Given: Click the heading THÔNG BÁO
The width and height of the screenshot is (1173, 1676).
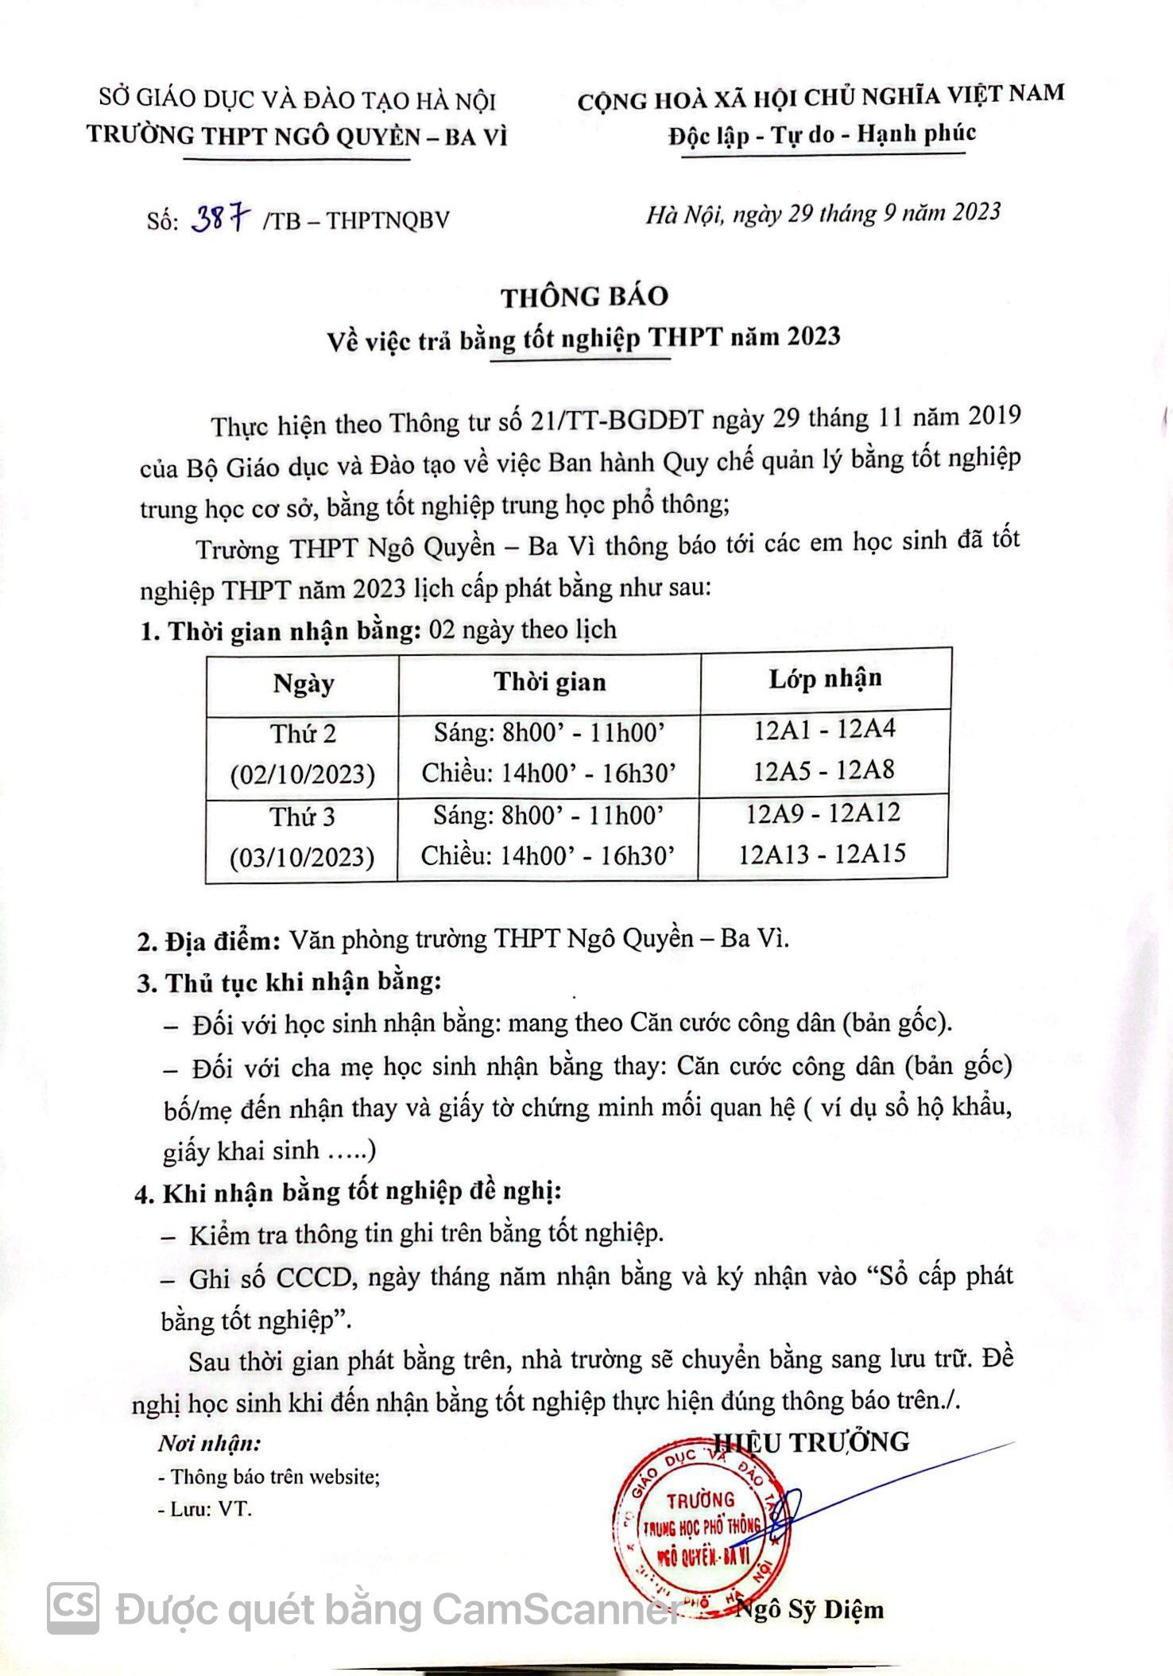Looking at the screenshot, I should pos(584,297).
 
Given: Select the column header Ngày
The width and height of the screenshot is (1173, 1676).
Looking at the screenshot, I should pos(303,684).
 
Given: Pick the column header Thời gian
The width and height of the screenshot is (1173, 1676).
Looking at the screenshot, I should pos(549,682).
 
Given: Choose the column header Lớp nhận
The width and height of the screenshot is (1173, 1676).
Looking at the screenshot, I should pos(825,679).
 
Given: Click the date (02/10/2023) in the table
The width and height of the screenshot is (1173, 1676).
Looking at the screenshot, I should pos(302,774).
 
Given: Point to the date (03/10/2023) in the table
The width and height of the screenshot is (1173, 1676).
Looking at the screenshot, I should pos(301,858).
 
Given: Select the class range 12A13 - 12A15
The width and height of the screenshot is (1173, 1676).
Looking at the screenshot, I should pos(822,854).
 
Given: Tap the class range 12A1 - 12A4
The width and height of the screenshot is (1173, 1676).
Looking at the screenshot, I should pos(824,729).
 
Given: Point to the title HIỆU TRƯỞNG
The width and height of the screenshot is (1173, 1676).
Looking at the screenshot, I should pos(811,1441).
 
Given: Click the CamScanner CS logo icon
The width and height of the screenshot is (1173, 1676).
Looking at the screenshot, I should pos(73,1608).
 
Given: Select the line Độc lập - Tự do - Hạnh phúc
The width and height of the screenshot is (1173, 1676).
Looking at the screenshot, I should pos(821,135).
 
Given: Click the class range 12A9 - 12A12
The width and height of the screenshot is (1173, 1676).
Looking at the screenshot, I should pos(823,813).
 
